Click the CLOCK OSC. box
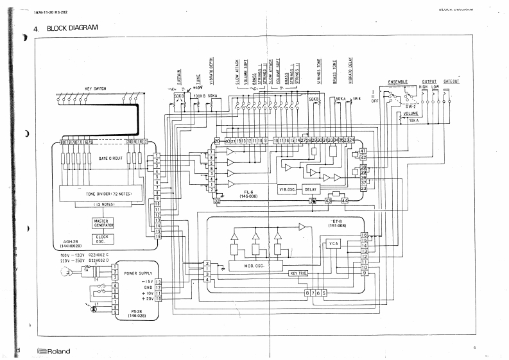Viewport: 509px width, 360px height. tap(101, 237)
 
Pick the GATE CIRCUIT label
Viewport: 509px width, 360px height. tap(110, 157)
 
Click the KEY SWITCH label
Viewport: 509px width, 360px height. tap(95, 89)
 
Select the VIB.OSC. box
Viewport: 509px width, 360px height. tap(288, 190)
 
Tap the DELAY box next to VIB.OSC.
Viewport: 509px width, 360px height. tap(311, 190)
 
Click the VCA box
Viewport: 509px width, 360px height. tap(333, 243)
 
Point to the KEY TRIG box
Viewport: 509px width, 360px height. tap(298, 273)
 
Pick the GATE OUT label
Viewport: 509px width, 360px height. tap(451, 82)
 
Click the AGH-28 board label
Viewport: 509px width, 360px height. tap(71, 244)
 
